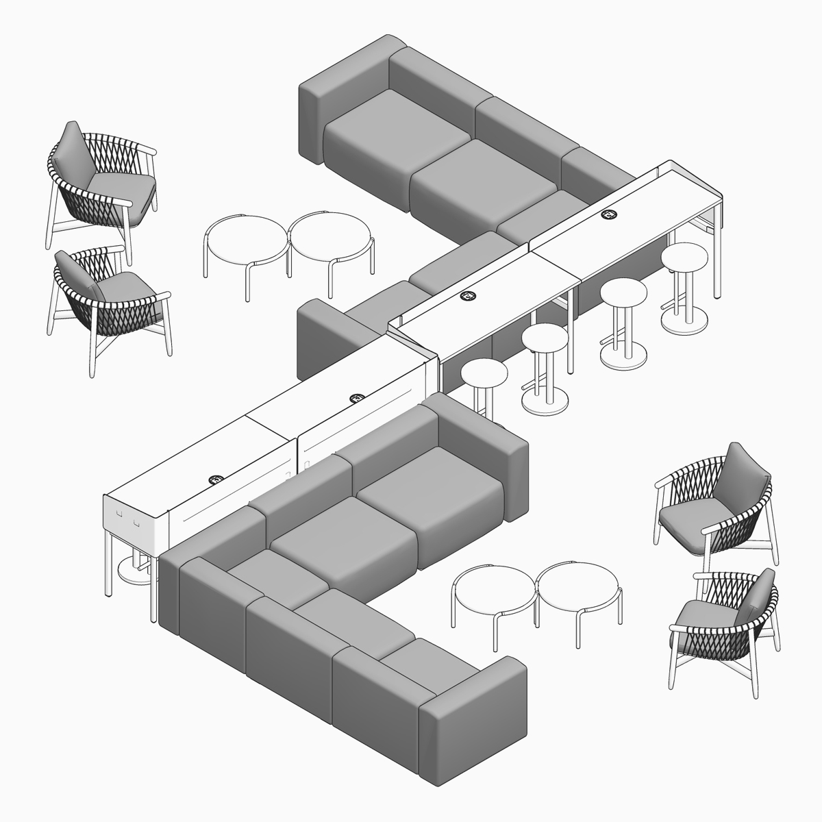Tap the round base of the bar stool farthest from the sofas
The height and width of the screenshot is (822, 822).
coord(684,320)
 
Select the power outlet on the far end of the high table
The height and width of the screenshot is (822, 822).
coord(608,215)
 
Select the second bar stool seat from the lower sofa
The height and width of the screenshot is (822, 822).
coord(544,336)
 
